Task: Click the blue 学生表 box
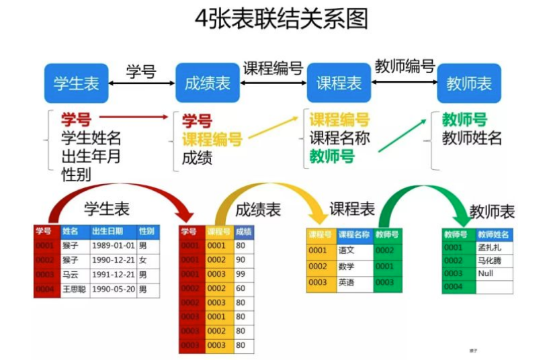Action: click(77, 83)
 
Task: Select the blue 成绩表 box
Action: click(207, 83)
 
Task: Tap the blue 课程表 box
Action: click(339, 83)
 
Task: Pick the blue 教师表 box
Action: click(469, 83)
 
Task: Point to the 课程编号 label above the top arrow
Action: click(272, 68)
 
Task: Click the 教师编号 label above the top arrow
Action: click(404, 66)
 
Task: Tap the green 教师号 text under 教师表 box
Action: click(464, 120)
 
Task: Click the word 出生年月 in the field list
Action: click(91, 156)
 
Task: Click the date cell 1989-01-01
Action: click(113, 246)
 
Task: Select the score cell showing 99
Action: click(241, 274)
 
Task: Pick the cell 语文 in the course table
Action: click(347, 251)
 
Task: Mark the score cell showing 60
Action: click(241, 288)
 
